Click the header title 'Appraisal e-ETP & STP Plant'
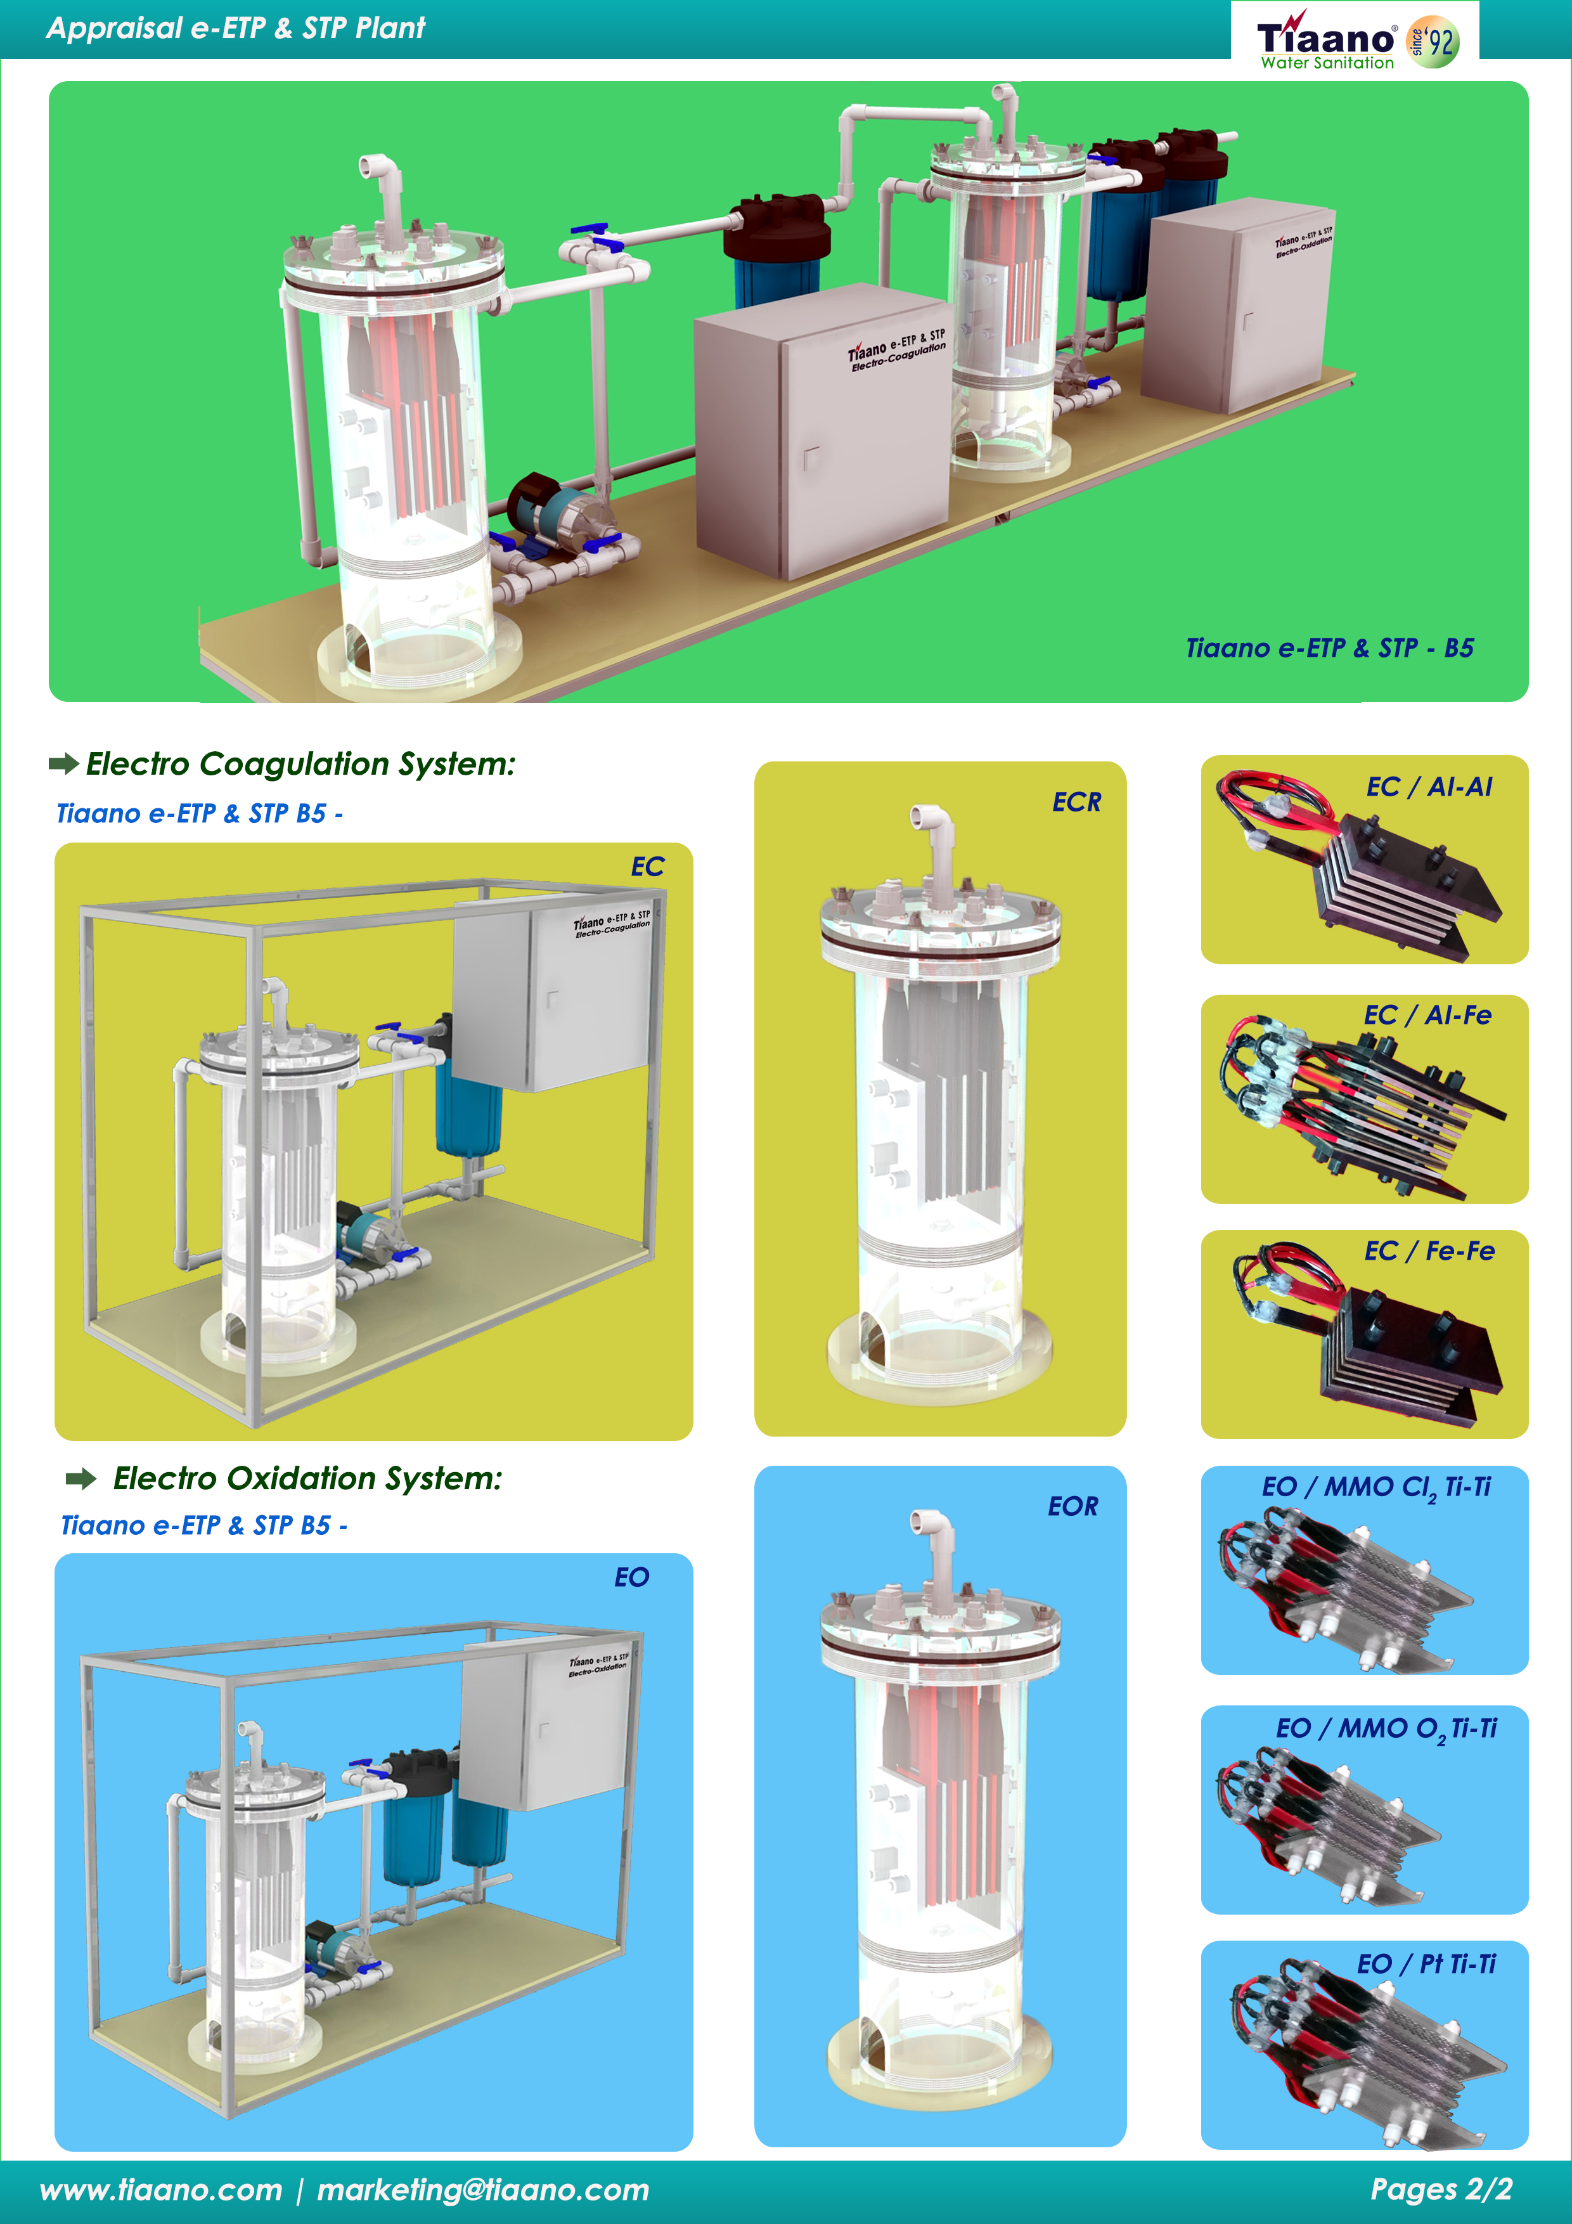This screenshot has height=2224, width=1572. coord(235,28)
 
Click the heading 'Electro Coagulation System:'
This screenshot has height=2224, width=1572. coord(300,764)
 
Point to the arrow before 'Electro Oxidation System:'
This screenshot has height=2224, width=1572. coord(81,1478)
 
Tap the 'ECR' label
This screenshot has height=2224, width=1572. coord(1076,802)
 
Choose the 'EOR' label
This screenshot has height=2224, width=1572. coord(1073,1506)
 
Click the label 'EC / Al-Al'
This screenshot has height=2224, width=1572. coord(1429,787)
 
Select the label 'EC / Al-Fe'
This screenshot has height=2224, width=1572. coord(1427,1015)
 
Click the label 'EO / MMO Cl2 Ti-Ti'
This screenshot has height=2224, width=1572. coord(1375,1487)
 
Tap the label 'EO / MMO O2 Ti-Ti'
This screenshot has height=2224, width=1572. coord(1385,1728)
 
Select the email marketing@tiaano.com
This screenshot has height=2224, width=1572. coord(482,2190)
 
